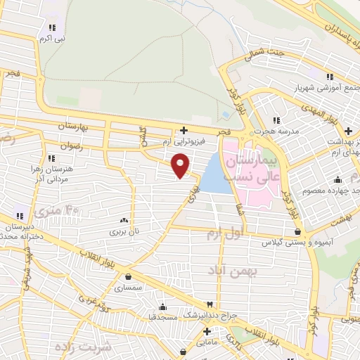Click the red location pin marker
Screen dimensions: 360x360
point(181,165)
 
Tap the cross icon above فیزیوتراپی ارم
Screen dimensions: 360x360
point(184,130)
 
